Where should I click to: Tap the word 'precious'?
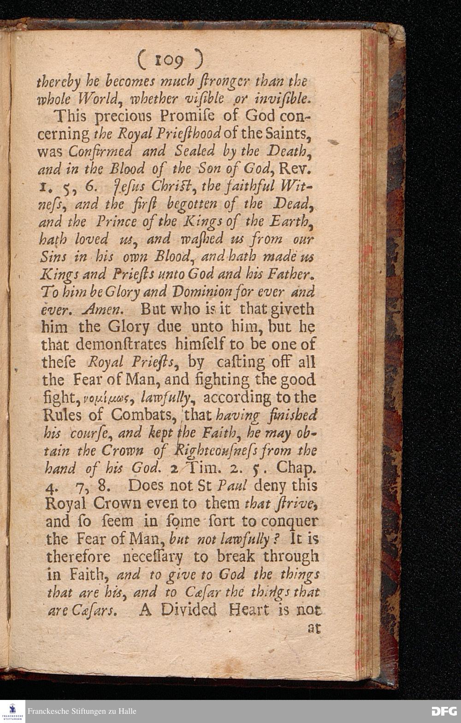click(x=120, y=116)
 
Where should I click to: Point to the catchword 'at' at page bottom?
click(x=314, y=628)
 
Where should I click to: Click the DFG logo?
click(x=443, y=711)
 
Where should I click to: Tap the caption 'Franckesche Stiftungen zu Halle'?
click(x=82, y=711)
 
